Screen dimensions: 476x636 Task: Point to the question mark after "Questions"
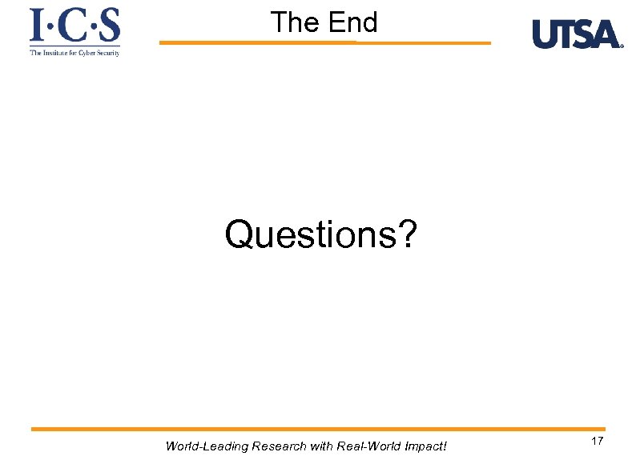[407, 234]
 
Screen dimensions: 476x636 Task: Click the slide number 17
[597, 442]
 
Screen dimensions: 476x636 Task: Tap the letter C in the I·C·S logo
[74, 26]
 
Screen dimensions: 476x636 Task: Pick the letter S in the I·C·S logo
[109, 26]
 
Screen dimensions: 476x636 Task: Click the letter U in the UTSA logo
[545, 34]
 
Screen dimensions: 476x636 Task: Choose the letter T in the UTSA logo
[566, 34]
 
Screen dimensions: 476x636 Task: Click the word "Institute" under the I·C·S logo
[54, 53]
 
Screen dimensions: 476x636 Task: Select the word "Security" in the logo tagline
[107, 53]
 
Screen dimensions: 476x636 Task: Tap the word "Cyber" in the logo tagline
[84, 53]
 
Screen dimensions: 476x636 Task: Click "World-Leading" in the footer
[206, 446]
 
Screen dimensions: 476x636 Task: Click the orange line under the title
[324, 42]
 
